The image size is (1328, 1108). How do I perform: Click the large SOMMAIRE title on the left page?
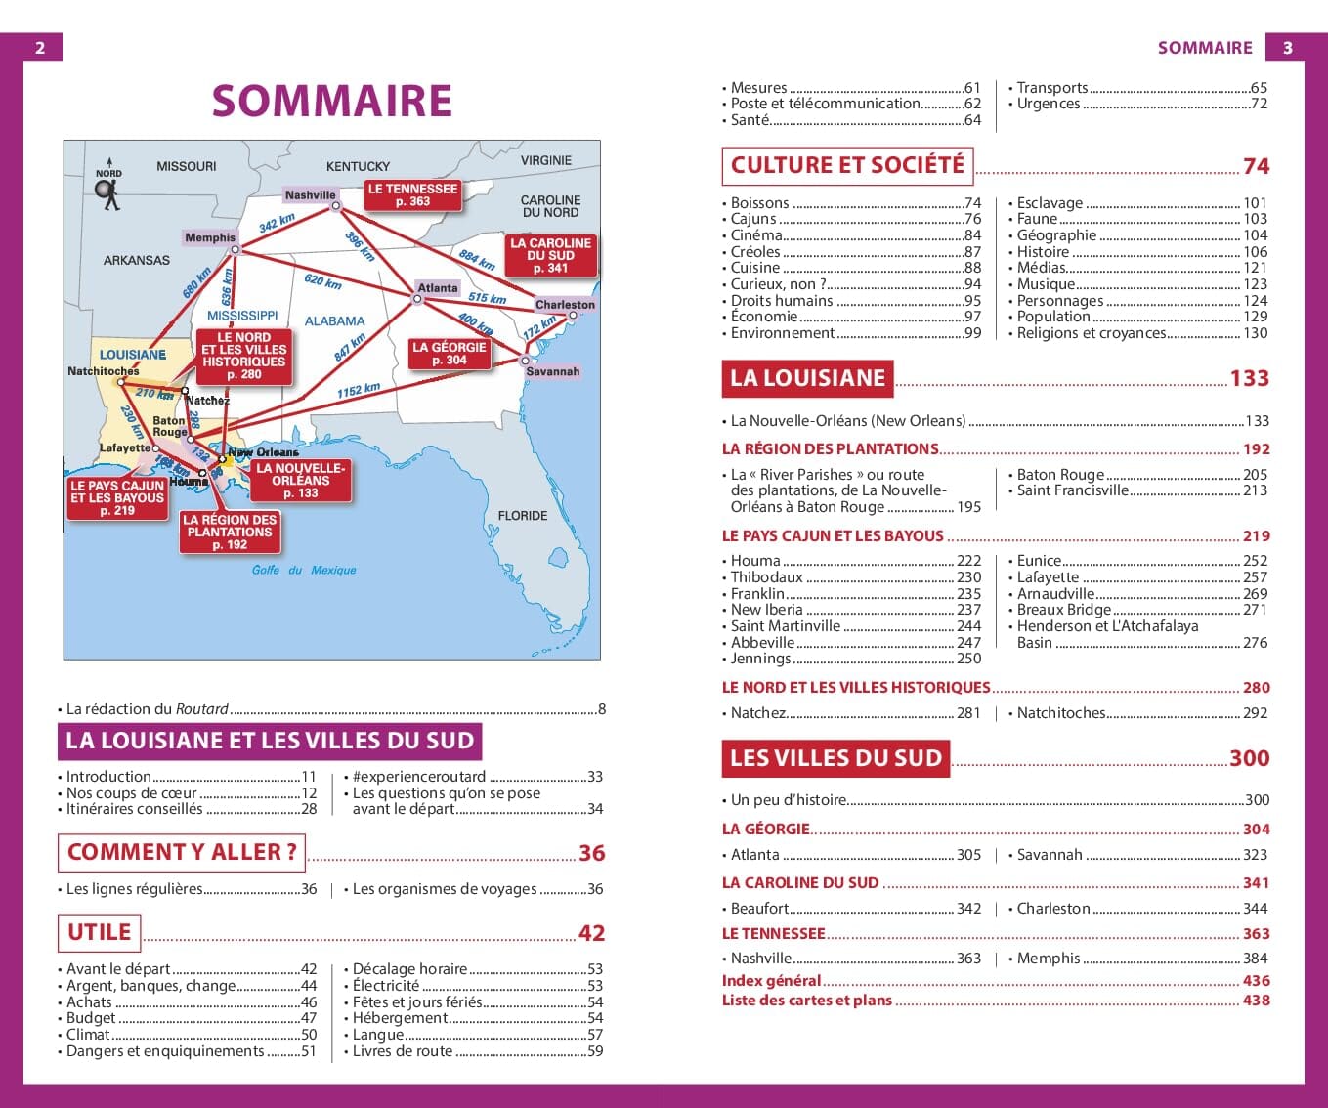[x=331, y=101]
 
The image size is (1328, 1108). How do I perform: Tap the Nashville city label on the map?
[x=310, y=195]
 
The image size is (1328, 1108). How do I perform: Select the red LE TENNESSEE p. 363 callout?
[x=412, y=194]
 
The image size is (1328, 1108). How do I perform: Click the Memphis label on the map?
[x=210, y=237]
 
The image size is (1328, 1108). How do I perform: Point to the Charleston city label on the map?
[x=565, y=305]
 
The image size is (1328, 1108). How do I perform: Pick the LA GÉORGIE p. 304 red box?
[x=449, y=354]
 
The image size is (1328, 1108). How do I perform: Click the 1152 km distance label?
[x=359, y=391]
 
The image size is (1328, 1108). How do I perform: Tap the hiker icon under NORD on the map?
[x=109, y=195]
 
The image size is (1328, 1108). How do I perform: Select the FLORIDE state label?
[x=523, y=516]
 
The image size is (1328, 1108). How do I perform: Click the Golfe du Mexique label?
[x=304, y=570]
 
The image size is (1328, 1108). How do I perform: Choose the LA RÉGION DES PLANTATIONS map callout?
[x=230, y=533]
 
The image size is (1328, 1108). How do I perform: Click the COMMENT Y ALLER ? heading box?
[x=182, y=852]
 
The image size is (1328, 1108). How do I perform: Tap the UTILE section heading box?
[x=99, y=932]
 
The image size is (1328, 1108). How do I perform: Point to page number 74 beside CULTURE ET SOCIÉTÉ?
[x=1256, y=166]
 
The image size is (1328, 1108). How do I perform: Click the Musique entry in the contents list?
[x=1046, y=284]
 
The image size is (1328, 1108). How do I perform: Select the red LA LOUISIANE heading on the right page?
[x=807, y=378]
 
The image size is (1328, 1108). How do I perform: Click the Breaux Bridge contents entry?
[x=1063, y=610]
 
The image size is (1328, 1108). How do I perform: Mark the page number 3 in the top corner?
[x=1287, y=47]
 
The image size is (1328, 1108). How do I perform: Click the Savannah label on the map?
[x=552, y=372]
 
